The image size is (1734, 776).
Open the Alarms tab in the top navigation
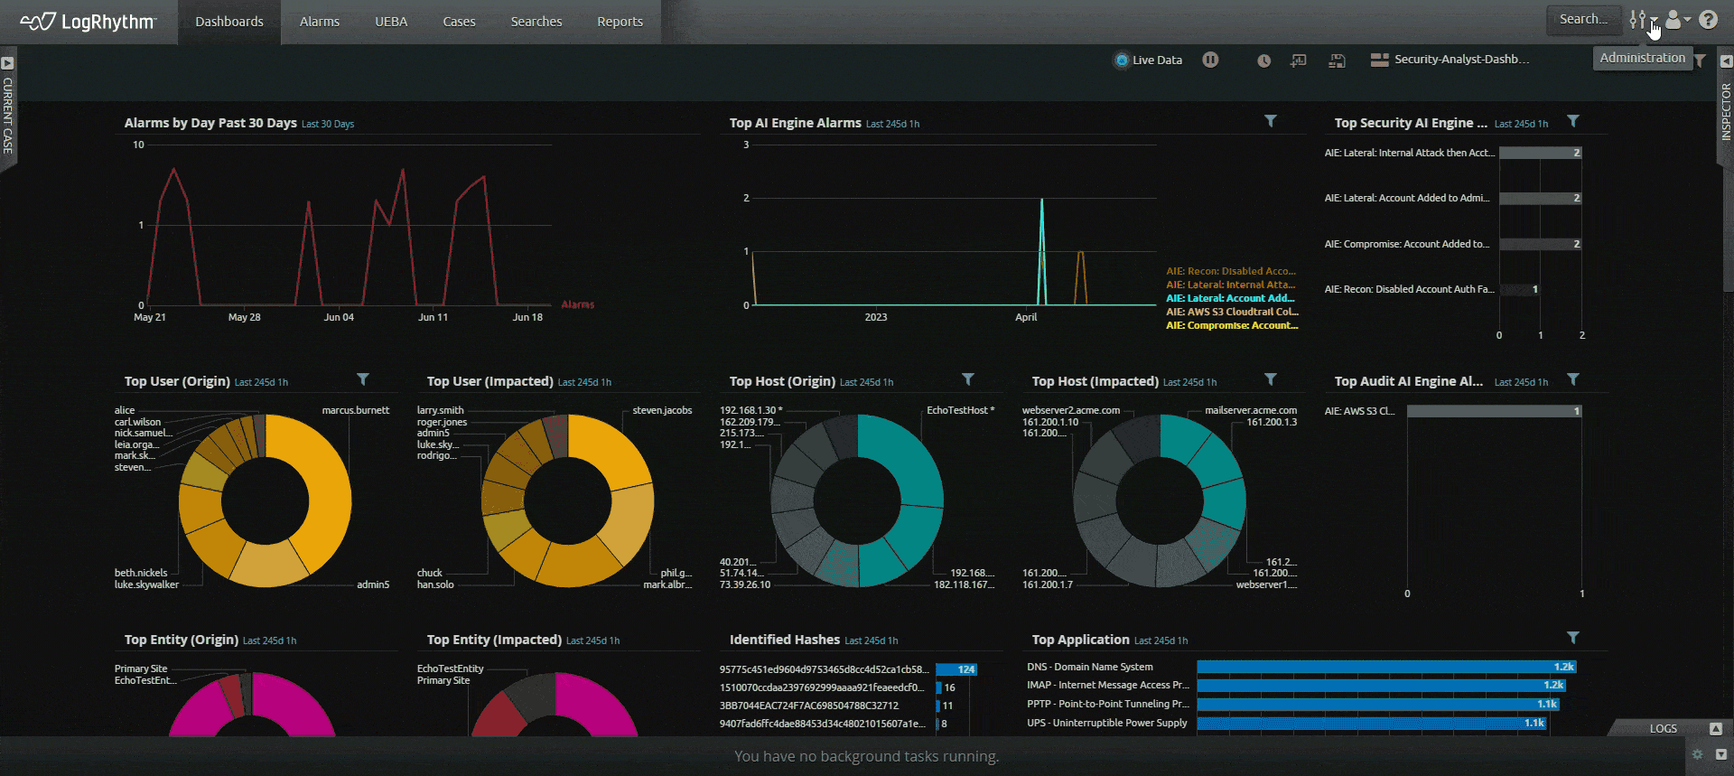319,22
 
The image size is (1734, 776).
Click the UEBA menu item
391,22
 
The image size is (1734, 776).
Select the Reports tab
620,22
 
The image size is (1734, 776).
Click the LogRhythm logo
89,22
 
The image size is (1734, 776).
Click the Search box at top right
1582,19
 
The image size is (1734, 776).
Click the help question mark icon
1708,20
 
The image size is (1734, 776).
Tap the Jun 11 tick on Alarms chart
433,317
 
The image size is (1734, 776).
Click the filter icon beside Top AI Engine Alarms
1270,121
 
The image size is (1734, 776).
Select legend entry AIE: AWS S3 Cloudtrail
1231,312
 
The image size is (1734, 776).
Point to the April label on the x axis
1026,317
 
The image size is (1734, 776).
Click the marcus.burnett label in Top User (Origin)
355,410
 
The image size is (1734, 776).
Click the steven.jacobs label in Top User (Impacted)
662,410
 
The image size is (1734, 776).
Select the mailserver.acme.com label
1250,410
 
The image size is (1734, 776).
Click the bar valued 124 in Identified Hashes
956,669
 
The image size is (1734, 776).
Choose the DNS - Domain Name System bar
1385,667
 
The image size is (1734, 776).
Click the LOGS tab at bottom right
1663,728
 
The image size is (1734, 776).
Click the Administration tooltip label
1642,58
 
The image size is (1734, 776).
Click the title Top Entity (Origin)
181,640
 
